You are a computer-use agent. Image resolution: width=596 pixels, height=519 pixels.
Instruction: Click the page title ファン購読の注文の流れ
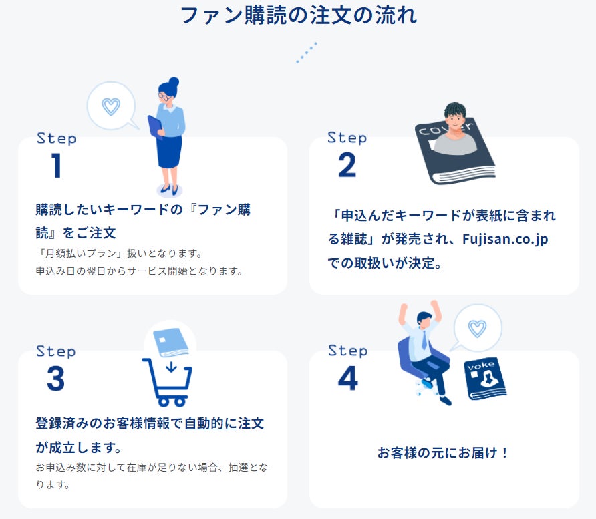299,16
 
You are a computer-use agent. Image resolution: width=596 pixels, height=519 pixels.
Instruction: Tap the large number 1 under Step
56,165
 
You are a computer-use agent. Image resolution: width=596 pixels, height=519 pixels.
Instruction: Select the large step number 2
347,165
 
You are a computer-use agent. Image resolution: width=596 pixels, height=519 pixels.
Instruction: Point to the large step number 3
56,379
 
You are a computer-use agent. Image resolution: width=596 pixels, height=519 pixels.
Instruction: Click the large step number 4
348,379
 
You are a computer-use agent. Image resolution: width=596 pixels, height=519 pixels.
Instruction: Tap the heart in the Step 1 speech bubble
111,106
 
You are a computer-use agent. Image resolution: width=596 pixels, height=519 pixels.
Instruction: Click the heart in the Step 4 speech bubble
478,329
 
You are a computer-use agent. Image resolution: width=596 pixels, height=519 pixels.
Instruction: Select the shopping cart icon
167,382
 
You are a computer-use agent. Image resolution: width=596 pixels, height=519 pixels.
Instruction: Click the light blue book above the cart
170,343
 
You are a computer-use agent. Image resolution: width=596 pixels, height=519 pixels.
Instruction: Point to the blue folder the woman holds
155,127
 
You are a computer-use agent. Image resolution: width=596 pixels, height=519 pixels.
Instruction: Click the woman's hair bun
174,82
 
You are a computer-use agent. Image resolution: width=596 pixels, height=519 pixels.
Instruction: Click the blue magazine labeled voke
485,379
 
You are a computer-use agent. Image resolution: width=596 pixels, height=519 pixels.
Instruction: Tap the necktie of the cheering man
424,340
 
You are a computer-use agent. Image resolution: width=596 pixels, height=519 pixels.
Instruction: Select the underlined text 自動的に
210,423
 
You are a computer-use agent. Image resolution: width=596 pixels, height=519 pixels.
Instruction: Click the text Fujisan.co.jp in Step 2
505,239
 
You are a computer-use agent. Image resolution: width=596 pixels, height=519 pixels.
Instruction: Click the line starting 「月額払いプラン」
119,253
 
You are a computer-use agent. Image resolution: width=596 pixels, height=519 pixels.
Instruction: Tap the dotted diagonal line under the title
307,53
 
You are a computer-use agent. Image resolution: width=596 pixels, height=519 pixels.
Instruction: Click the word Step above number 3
56,351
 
